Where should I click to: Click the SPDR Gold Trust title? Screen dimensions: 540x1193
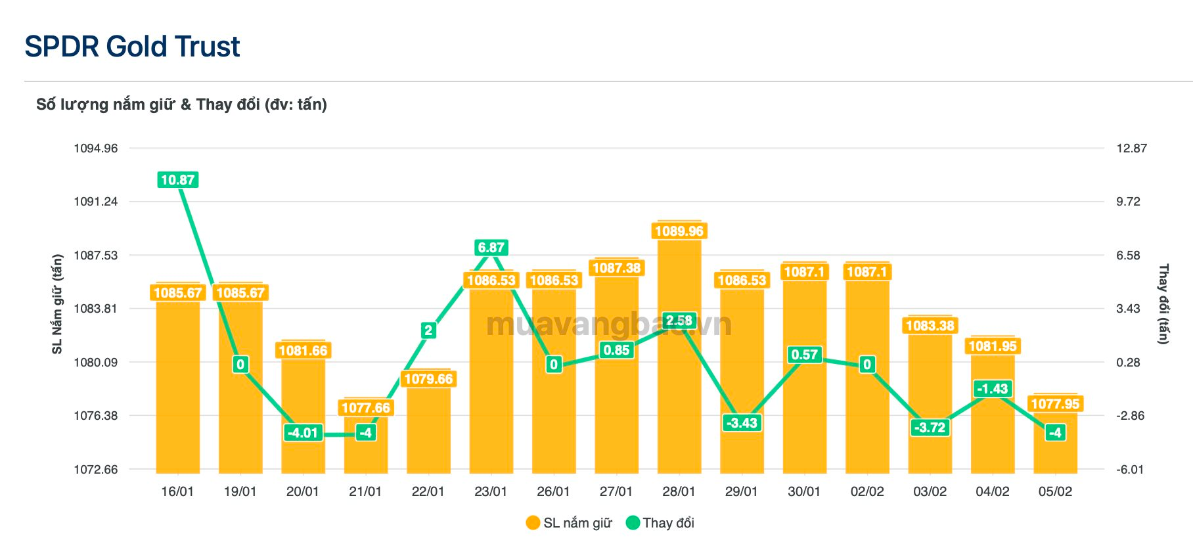pos(132,47)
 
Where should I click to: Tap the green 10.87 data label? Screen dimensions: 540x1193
pos(177,179)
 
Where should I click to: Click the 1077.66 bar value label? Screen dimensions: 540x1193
pos(366,408)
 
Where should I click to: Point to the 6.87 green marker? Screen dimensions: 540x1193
pos(491,248)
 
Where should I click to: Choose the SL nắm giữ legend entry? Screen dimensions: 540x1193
pos(569,523)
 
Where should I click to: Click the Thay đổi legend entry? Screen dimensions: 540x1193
pos(660,523)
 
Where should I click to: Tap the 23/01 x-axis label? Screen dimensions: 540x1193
pos(491,491)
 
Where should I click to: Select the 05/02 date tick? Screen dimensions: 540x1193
pos(1055,491)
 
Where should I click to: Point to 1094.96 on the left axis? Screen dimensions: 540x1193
pos(96,148)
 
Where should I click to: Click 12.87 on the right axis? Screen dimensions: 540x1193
pos(1131,148)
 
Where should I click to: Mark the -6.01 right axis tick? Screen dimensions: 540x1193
pos(1130,469)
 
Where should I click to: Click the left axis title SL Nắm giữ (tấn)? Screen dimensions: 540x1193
pos(57,304)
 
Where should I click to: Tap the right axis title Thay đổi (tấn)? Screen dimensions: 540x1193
pos(1163,304)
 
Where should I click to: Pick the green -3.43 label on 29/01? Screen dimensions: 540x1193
pos(742,422)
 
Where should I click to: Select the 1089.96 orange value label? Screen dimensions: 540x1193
pos(679,231)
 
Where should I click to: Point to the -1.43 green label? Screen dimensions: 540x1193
pos(992,388)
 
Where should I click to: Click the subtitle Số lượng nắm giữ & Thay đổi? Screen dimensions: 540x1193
pos(181,104)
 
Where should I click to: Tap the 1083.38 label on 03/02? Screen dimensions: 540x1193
pos(930,325)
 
